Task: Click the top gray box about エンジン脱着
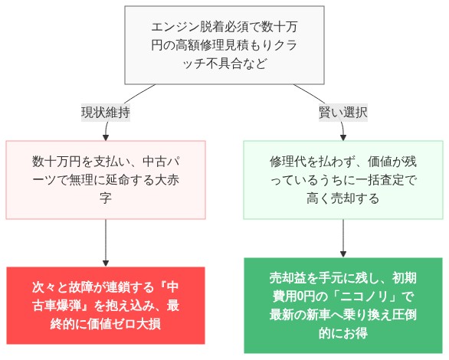click(x=224, y=45)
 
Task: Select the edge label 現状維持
click(x=105, y=112)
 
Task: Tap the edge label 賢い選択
click(x=342, y=112)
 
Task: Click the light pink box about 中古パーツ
click(x=105, y=180)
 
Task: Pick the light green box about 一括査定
click(x=342, y=180)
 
